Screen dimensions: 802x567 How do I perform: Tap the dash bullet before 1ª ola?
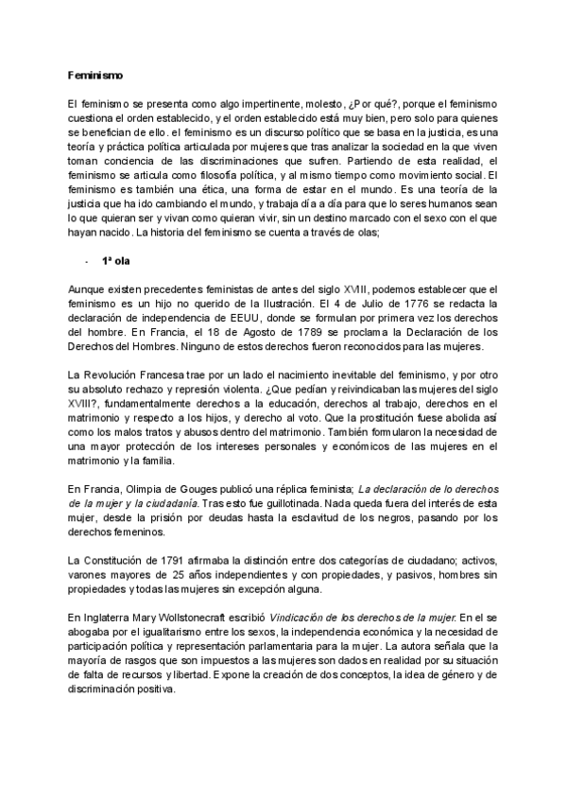[x=86, y=260]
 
